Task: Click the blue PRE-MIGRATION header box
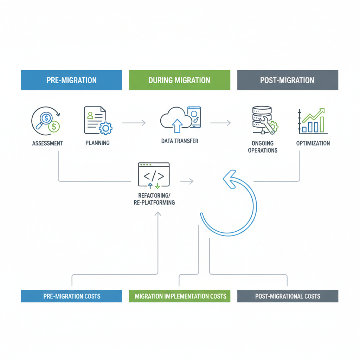[x=71, y=80]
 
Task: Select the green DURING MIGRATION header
[x=179, y=80]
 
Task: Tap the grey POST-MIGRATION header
[x=288, y=80]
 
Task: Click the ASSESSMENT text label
[x=47, y=143]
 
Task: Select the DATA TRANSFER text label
[x=180, y=141]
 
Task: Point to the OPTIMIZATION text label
[x=313, y=143]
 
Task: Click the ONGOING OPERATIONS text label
[x=263, y=147]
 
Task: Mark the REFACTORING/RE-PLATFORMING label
[x=154, y=199]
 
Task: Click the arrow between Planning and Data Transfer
[x=134, y=123]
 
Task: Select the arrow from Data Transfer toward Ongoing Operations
[x=220, y=123]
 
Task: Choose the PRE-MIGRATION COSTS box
[x=71, y=296]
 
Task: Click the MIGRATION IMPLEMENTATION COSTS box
[x=179, y=296]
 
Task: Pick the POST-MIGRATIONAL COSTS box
[x=288, y=296]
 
